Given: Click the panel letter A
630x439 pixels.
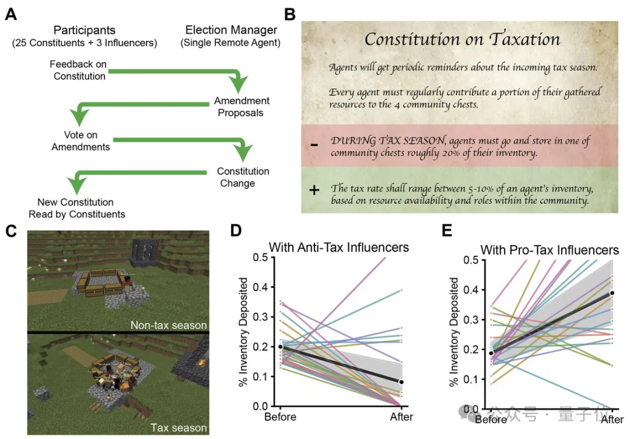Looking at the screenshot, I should (x=10, y=13).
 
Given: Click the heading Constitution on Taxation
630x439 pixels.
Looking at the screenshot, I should (x=462, y=39).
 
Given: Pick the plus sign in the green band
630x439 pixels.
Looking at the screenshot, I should (x=314, y=190).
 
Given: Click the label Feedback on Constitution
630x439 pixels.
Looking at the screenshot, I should (x=79, y=70).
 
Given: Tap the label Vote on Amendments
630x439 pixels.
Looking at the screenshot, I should (x=80, y=141).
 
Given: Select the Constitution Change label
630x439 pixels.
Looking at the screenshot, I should (x=243, y=177).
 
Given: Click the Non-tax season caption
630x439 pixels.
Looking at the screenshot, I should (x=169, y=325).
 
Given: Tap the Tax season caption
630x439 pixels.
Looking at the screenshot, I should (x=179, y=428).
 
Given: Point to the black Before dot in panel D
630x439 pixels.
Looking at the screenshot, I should (x=281, y=347).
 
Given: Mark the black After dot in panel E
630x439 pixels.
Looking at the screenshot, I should (x=612, y=293).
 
